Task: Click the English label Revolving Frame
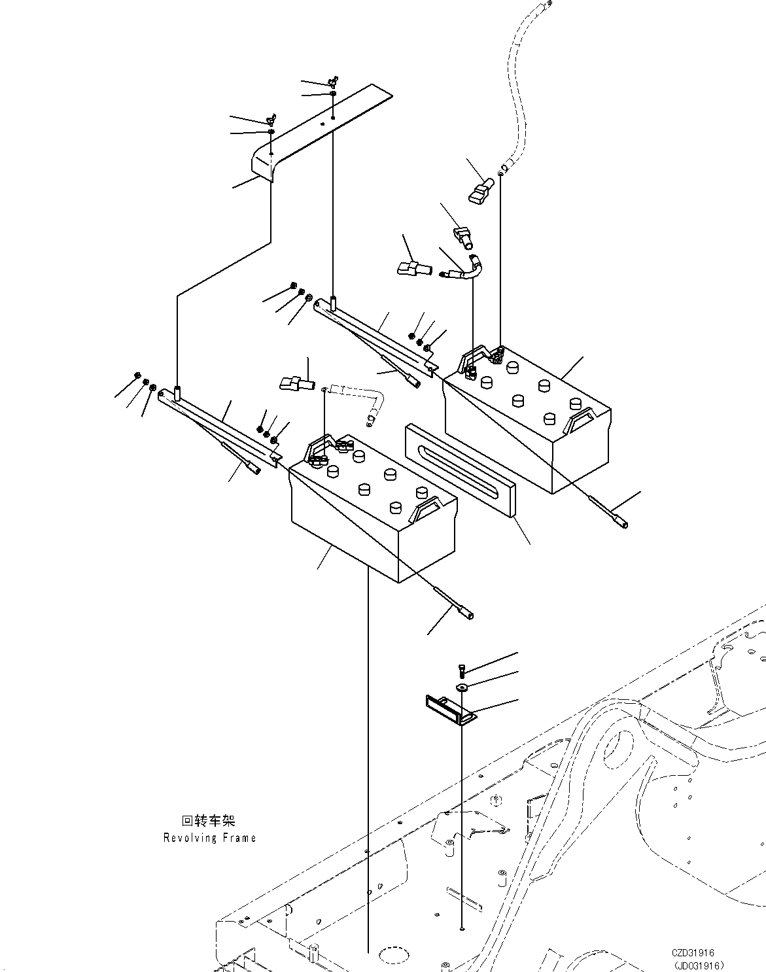point(209,838)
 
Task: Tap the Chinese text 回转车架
point(208,821)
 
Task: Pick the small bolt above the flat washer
point(461,670)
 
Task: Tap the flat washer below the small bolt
point(462,687)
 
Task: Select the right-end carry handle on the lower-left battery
point(425,509)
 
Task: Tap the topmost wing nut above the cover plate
point(333,82)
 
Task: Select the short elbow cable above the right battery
point(471,269)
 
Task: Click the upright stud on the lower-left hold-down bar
point(177,394)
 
